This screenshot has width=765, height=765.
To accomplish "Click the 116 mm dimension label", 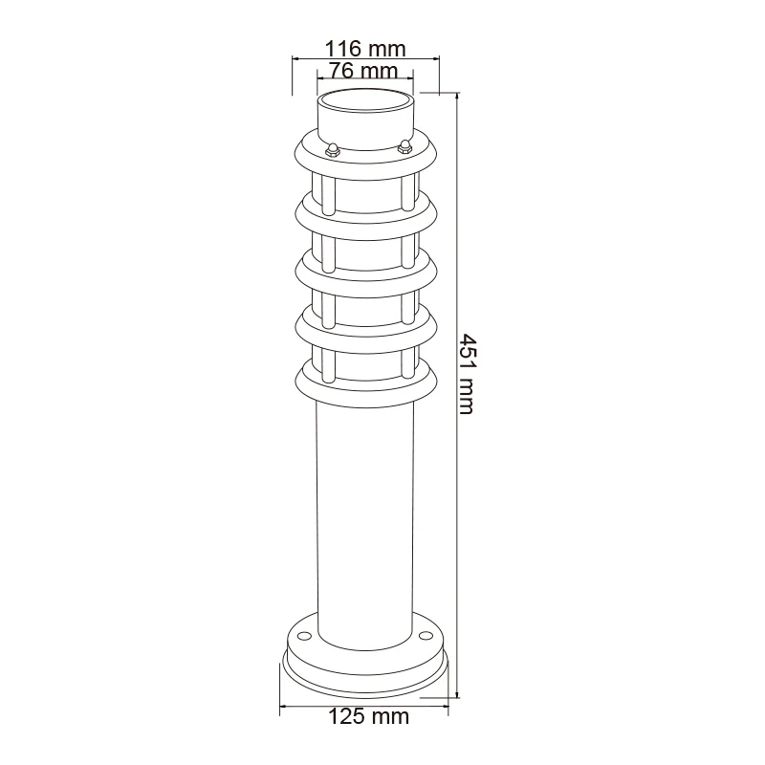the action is coord(365,49).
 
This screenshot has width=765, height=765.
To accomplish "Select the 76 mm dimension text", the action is coord(363,71).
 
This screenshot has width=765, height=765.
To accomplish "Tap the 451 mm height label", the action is coord(468,374).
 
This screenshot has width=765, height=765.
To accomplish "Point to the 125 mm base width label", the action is coord(368,716).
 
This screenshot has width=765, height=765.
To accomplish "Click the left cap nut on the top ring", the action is coord(332,149).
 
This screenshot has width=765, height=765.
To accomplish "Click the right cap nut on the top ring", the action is coord(404,146).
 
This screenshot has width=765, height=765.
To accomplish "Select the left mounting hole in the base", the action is coord(304,636).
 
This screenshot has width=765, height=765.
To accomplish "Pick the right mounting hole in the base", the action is coord(426,636).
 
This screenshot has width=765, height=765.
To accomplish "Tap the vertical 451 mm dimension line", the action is coord(457,395).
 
